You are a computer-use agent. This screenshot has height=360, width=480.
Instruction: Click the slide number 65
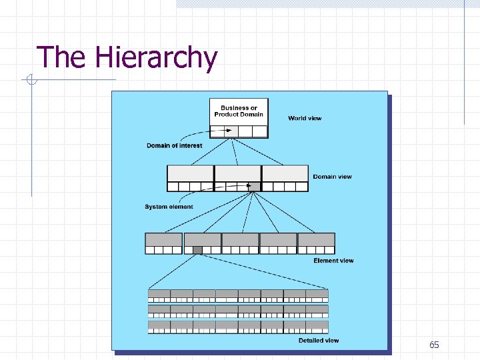(434, 345)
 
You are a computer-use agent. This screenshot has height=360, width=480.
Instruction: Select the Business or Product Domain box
(239, 111)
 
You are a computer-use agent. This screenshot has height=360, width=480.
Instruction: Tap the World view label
(305, 118)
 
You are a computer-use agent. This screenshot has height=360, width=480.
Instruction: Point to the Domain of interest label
(174, 145)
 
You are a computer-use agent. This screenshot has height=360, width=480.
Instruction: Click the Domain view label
(332, 177)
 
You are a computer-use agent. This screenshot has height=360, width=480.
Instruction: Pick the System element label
(169, 207)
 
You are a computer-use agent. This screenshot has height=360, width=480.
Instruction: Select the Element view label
(333, 261)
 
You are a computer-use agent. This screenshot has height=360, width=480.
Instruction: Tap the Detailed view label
(319, 341)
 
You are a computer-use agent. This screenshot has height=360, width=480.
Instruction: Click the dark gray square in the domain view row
(253, 187)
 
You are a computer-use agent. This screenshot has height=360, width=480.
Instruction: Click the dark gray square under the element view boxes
(197, 250)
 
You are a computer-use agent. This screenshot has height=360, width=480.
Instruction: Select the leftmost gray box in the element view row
(163, 240)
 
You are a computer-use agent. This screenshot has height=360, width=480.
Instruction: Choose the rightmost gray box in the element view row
(316, 240)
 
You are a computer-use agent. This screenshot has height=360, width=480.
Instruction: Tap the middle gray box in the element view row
(240, 240)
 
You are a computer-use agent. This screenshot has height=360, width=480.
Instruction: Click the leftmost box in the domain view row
(190, 173)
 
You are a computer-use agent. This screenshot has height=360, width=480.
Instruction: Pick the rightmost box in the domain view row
(285, 173)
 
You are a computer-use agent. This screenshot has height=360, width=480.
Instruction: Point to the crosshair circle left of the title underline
(31, 81)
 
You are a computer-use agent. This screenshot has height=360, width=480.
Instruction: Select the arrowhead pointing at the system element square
(247, 186)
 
